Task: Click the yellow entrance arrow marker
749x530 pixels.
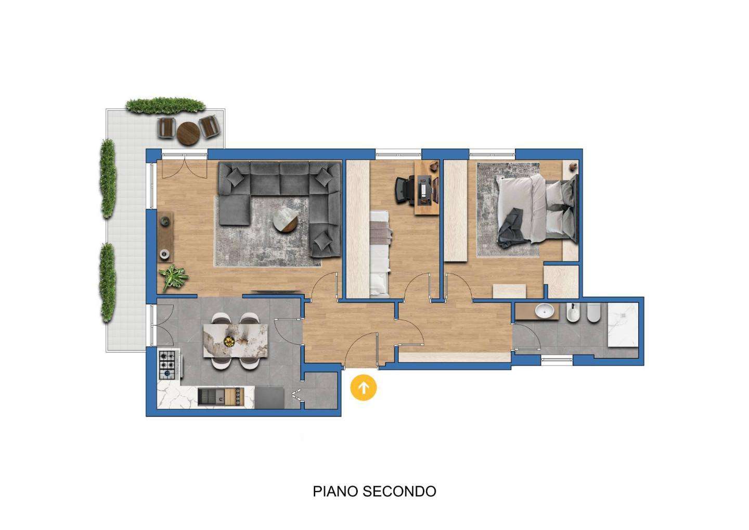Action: [364, 387]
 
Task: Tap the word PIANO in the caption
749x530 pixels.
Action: [335, 491]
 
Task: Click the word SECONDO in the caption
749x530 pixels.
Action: [399, 491]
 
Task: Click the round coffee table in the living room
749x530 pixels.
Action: [285, 219]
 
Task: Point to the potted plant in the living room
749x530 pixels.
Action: [173, 276]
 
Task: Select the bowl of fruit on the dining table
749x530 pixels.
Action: [229, 341]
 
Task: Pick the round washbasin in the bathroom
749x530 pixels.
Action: [544, 311]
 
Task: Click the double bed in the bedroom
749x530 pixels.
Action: [537, 211]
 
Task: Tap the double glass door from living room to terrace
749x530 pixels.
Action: [185, 166]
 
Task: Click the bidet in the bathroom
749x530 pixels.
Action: [573, 313]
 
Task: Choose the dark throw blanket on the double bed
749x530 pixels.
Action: [509, 227]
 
